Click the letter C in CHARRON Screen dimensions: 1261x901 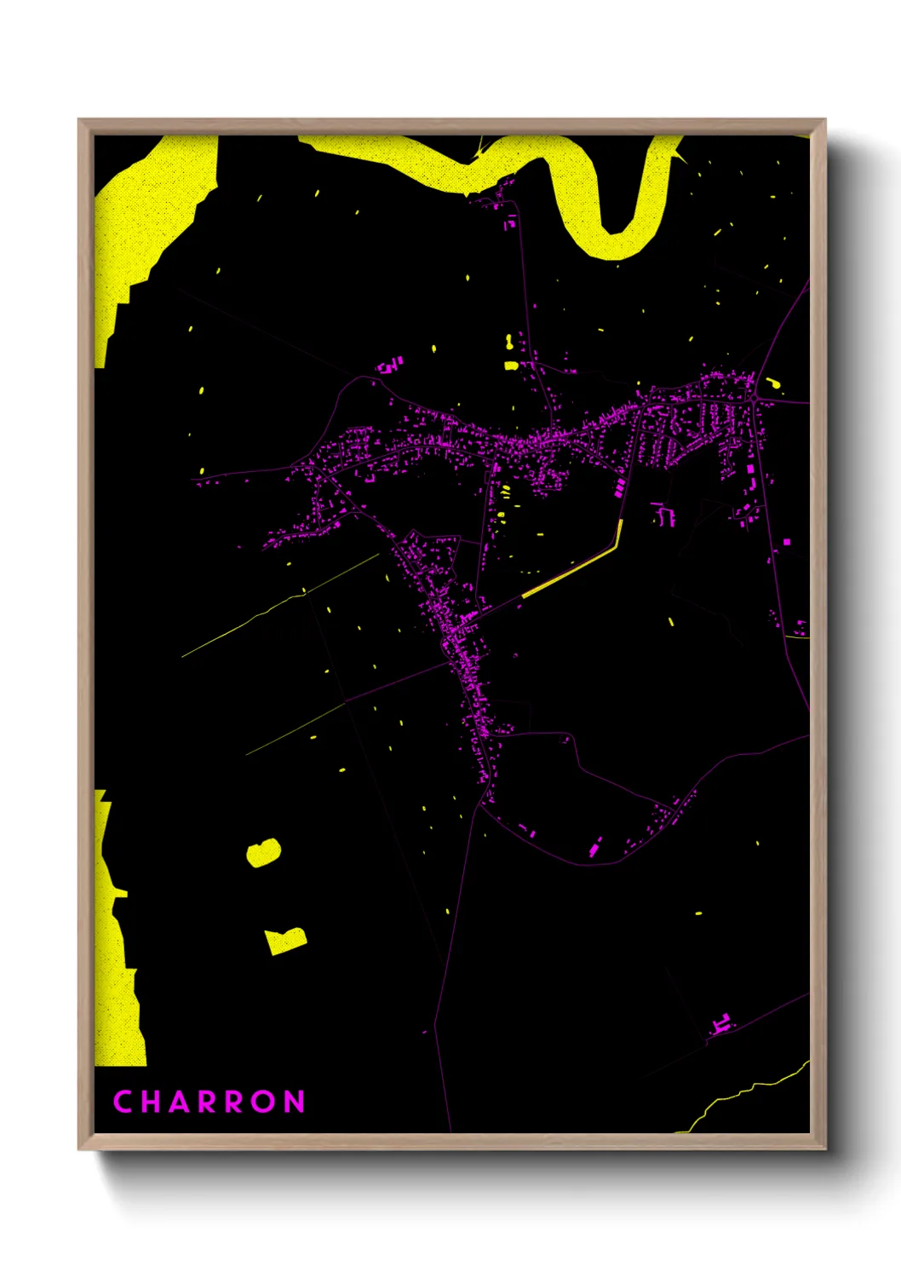point(122,1102)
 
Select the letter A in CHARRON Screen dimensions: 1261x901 point(179,1102)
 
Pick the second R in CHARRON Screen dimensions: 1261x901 point(236,1102)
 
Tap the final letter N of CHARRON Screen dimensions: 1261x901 point(295,1102)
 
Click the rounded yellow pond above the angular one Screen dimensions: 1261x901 point(264,852)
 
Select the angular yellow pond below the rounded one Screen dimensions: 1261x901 point(284,941)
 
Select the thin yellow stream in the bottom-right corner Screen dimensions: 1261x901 point(749,1091)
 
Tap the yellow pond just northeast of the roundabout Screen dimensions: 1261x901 point(773,383)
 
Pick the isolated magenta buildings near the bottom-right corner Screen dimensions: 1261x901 point(722,1024)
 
